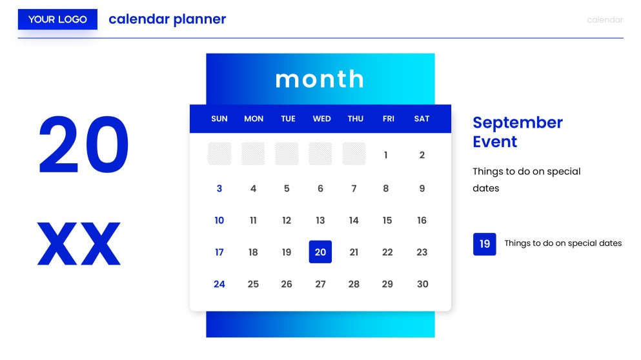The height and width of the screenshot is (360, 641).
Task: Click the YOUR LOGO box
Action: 57,19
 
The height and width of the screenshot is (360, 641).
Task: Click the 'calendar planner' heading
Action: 167,19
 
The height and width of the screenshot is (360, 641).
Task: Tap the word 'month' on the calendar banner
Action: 320,79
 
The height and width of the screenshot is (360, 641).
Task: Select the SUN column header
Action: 219,119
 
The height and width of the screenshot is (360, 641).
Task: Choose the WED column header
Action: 321,119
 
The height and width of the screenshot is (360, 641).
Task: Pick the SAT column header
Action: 422,119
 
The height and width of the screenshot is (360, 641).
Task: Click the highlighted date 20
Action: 320,252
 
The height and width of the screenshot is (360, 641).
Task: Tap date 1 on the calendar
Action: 386,155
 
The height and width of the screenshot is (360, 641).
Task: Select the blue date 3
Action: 219,188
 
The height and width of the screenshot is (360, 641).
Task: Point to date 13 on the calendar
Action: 320,221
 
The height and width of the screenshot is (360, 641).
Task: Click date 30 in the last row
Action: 422,284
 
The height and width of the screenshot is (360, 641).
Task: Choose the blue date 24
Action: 219,284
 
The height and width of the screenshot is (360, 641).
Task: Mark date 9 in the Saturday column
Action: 422,188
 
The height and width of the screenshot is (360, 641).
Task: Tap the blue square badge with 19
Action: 485,244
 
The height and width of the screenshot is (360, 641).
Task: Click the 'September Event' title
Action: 518,132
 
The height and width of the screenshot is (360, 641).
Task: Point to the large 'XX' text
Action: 79,244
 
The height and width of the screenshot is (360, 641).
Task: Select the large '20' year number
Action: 83,145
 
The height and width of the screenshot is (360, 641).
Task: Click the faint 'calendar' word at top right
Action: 605,20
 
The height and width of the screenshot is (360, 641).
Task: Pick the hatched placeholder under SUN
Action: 219,154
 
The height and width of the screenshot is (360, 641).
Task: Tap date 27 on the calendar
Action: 320,284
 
